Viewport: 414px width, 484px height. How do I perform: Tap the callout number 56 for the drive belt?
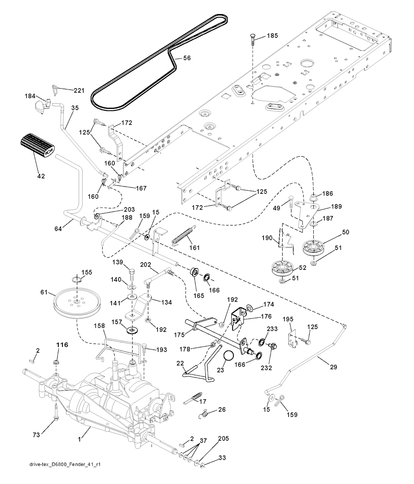click(x=187, y=58)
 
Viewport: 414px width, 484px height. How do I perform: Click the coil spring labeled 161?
click(x=184, y=235)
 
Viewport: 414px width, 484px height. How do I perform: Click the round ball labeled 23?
click(x=229, y=357)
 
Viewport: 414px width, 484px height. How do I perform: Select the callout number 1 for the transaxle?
click(x=80, y=438)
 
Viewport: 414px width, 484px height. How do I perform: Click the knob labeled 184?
click(x=40, y=106)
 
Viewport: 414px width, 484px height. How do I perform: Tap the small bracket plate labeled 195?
click(x=291, y=339)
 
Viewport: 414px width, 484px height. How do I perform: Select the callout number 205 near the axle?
click(x=223, y=438)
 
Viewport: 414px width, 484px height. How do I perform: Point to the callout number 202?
click(x=146, y=265)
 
